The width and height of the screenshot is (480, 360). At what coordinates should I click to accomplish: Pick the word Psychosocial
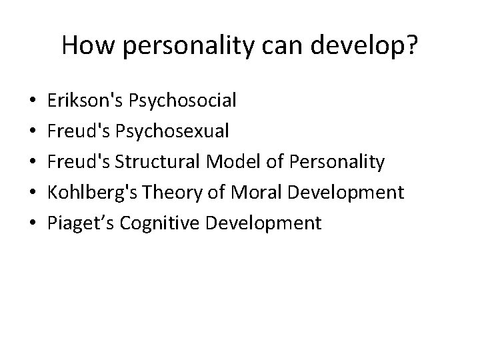click(182, 101)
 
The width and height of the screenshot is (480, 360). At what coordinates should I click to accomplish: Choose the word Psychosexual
click(172, 131)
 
